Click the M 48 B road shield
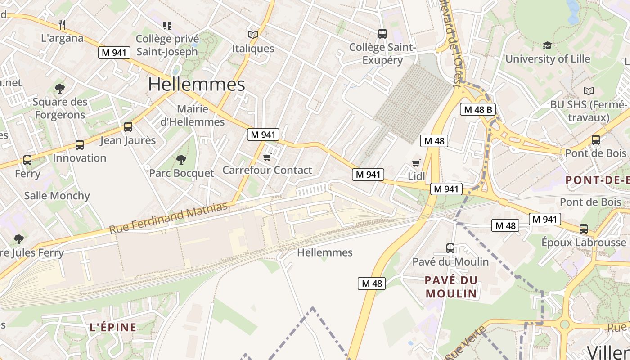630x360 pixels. coord(477,109)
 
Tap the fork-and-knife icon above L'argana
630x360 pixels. coord(62,24)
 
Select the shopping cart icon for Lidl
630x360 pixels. coord(416,163)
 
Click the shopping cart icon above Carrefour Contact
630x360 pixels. coord(267,157)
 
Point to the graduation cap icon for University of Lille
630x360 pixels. coord(547,45)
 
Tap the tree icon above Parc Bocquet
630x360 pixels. coord(181,159)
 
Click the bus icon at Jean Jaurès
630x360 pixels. coord(128,127)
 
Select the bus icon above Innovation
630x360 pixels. coord(80,145)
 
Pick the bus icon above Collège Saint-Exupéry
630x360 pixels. coord(382,33)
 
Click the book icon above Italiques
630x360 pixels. coord(253,35)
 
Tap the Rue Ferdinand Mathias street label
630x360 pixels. coord(168,218)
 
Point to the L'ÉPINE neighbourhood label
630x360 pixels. coord(113,327)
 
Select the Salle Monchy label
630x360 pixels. coord(57,196)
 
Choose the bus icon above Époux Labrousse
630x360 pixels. coord(584,229)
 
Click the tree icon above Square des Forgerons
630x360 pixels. coord(59,88)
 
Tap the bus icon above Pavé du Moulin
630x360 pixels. coord(450,248)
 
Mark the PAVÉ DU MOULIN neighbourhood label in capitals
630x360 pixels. coord(451,287)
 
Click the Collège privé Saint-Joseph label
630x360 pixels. coord(167,45)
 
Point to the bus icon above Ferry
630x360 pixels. coord(27,160)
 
